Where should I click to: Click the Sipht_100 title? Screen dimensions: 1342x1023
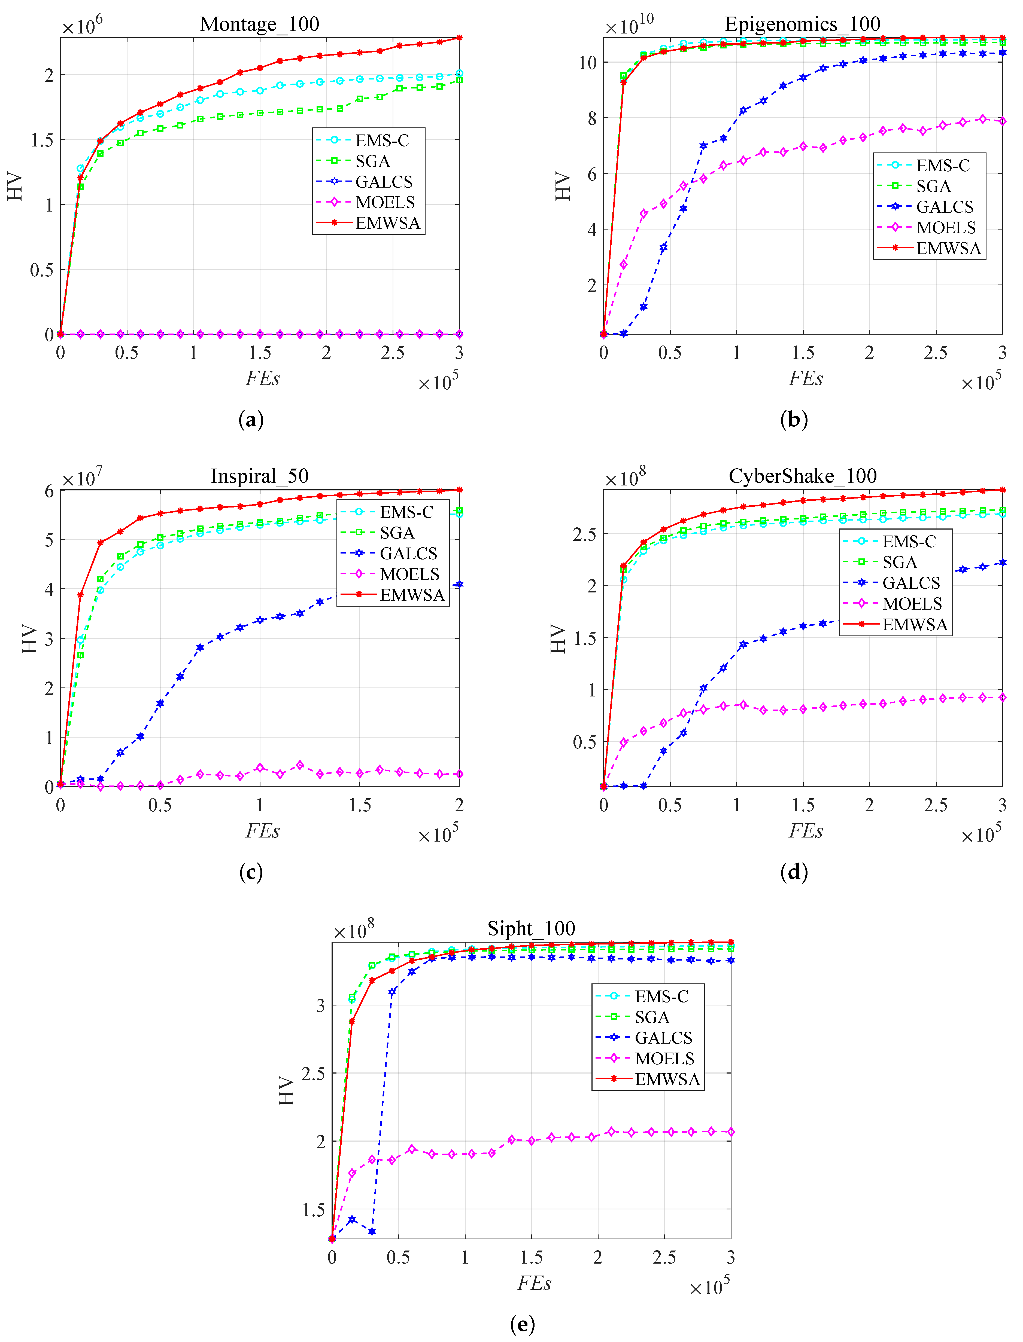[531, 928]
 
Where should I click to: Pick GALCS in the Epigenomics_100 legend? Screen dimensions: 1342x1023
[945, 207]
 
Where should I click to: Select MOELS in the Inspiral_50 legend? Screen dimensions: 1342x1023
[409, 574]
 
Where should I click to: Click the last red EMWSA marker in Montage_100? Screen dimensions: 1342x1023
[459, 38]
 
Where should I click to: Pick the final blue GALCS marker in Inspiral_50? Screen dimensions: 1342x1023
[459, 584]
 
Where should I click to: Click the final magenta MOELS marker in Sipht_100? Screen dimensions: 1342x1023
[731, 1132]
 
